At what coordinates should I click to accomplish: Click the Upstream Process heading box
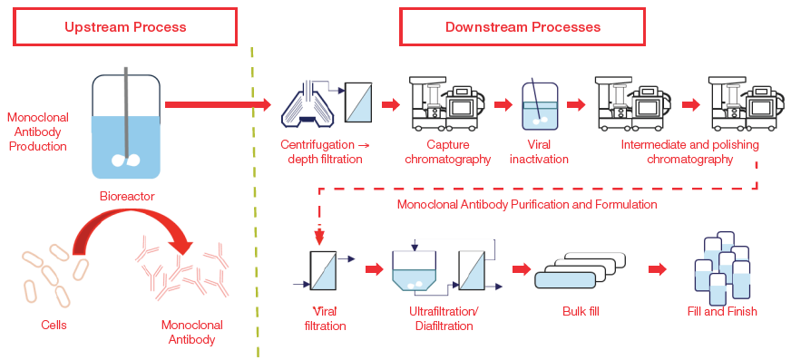(125, 27)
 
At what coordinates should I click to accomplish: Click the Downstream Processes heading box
(522, 27)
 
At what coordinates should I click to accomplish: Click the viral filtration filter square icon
(324, 270)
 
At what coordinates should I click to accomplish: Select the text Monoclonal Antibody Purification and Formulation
(526, 204)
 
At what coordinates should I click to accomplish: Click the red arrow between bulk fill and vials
(659, 269)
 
